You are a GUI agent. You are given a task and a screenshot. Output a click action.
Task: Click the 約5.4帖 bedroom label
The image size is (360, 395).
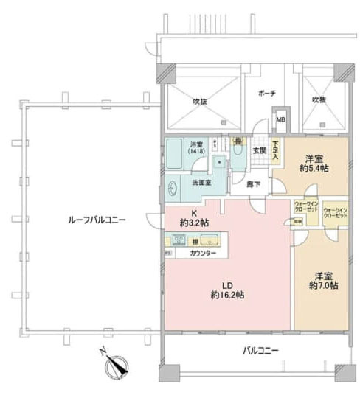314,164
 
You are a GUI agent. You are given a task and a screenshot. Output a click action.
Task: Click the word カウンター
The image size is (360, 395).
203,253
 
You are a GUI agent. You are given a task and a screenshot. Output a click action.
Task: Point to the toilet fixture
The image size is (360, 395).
238,147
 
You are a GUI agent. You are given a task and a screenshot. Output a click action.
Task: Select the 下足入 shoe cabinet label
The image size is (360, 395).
274,152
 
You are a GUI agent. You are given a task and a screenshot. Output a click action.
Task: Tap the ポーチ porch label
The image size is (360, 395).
267,94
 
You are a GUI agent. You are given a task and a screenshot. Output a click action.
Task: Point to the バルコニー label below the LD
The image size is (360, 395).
260,352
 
